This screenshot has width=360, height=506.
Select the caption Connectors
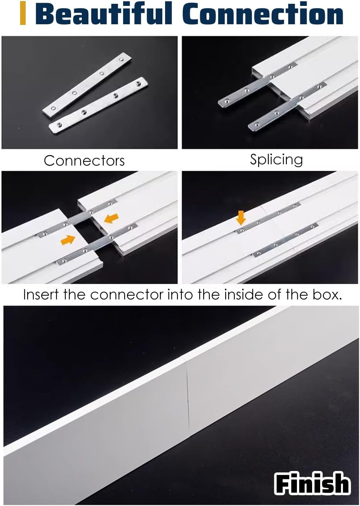[84, 161]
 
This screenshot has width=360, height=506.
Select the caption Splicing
[276, 159]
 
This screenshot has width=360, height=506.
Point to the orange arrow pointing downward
[241, 217]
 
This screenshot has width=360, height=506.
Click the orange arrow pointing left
[111, 218]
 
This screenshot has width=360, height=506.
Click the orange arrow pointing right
[68, 239]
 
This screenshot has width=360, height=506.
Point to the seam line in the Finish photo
[187, 395]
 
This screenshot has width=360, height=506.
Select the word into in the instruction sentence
[180, 295]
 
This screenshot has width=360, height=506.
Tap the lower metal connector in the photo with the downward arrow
[284, 240]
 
